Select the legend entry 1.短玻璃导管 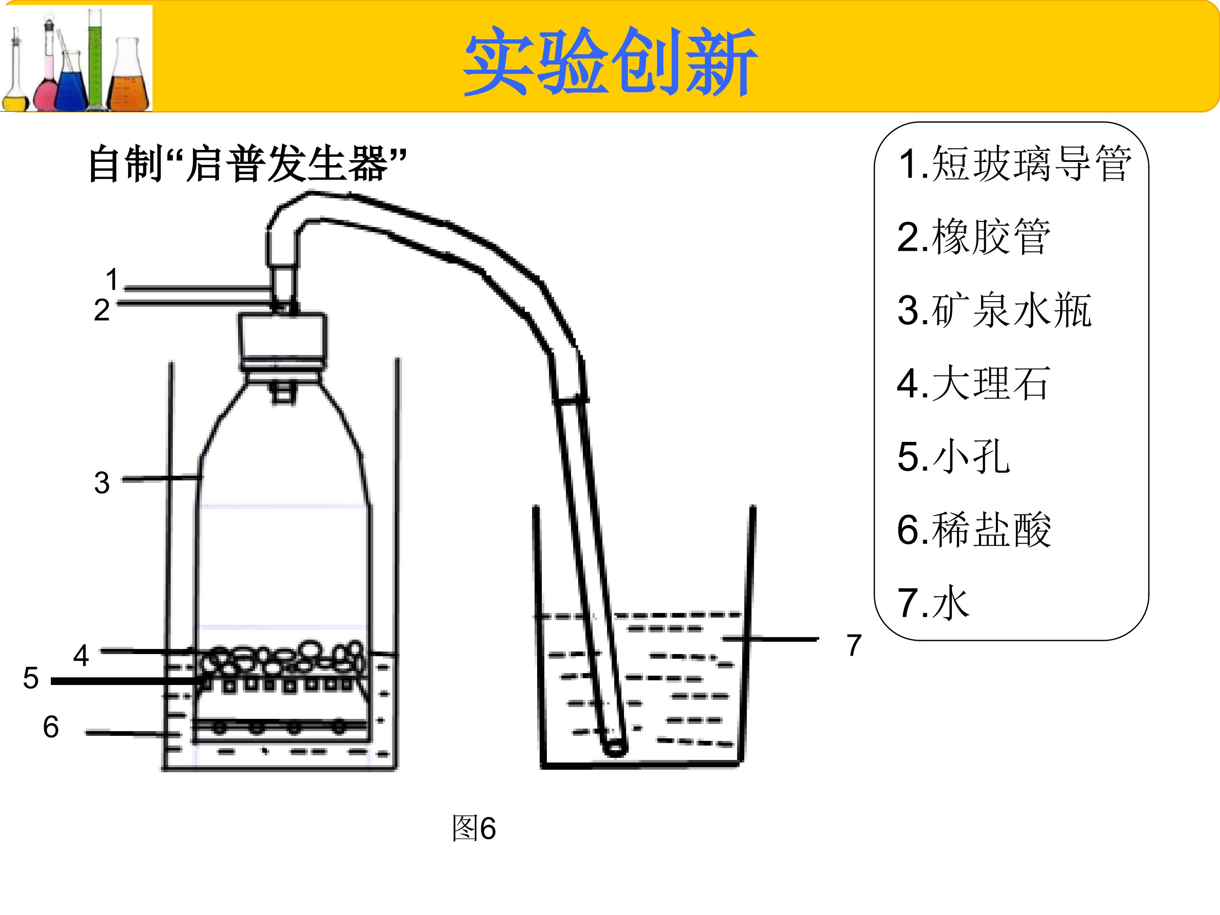point(1014,164)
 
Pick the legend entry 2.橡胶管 point(973,237)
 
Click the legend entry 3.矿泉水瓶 point(994,310)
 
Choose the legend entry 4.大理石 point(973,383)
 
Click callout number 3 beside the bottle point(102,482)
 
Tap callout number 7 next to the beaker point(854,645)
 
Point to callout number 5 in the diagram point(31,678)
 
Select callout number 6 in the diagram point(51,726)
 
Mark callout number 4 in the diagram point(81,655)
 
